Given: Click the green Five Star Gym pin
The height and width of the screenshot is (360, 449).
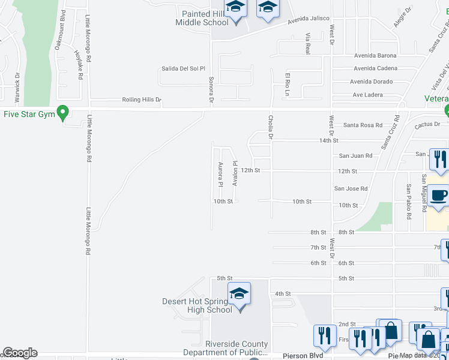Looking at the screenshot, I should (x=61, y=113).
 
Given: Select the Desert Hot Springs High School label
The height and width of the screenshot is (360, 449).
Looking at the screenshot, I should (x=197, y=306).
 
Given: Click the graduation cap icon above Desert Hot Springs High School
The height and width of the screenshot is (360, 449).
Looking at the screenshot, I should (x=239, y=294).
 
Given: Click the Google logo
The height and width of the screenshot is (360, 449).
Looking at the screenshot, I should (x=20, y=353).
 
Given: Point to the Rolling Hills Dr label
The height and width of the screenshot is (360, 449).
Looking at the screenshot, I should (x=142, y=100).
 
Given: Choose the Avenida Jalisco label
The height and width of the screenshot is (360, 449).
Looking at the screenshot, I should (x=308, y=19).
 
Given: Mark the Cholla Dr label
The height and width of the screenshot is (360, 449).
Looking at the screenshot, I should (x=271, y=128).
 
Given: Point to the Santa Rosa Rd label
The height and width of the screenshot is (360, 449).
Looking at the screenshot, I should (x=363, y=125).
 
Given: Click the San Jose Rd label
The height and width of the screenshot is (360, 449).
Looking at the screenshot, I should (x=351, y=188).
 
